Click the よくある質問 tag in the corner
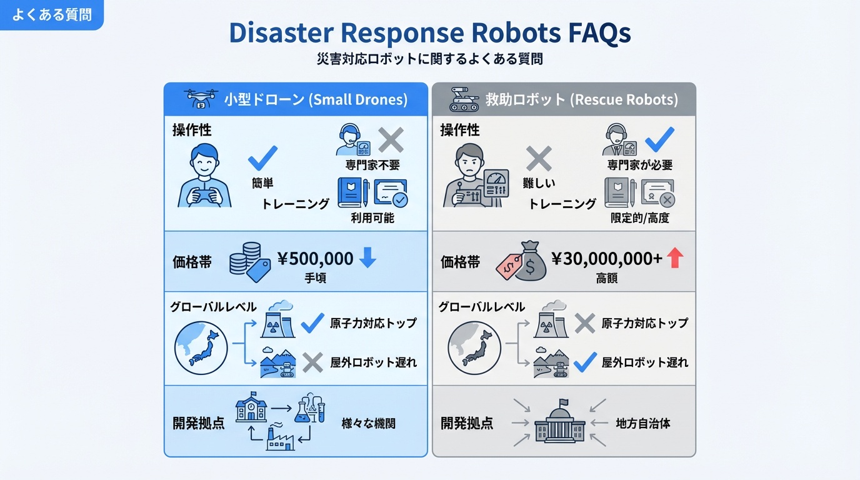click(x=51, y=15)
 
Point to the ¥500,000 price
click(x=315, y=258)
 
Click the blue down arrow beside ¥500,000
click(x=367, y=257)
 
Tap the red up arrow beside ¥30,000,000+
click(x=675, y=257)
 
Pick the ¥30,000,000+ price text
click(x=606, y=258)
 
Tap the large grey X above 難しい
click(x=538, y=159)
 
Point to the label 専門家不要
click(x=372, y=166)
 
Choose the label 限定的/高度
click(x=640, y=218)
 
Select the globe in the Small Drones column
click(x=201, y=346)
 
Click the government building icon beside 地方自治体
click(x=560, y=423)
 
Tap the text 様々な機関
click(x=368, y=424)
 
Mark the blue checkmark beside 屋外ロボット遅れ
click(x=585, y=362)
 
